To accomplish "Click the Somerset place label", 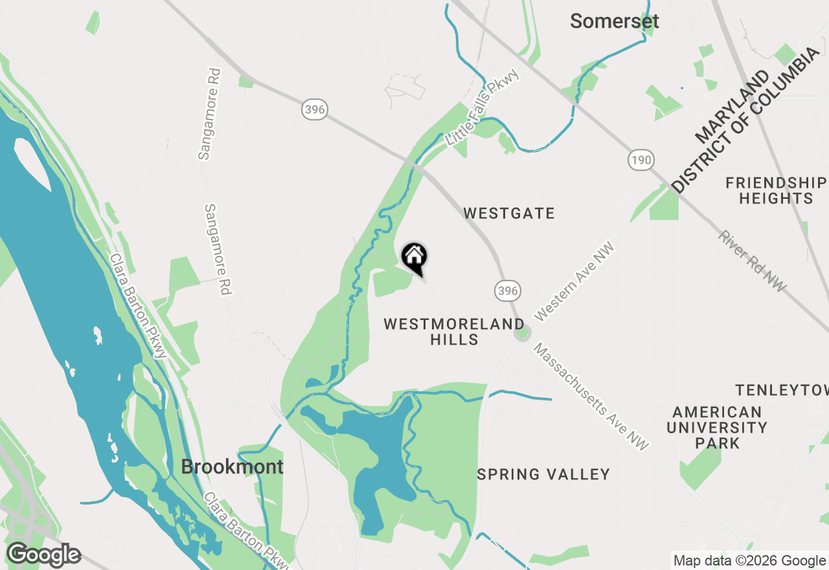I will coord(614,21).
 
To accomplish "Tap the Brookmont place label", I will coord(232,466).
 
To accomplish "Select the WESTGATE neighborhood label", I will coord(509,213).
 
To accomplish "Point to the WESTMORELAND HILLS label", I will coord(454,332).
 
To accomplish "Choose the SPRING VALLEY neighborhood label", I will coord(543,474).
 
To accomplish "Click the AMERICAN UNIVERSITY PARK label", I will coord(717,427).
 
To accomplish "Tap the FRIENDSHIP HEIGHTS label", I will coord(776,190).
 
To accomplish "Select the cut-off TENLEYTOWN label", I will coord(782,390).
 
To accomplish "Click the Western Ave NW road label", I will coord(573,281).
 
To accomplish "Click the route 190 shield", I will coord(641,159).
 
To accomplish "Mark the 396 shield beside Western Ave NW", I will coord(508,291).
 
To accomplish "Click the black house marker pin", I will coord(414,258).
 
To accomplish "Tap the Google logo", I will coord(43,554).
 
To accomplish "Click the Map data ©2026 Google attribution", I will coord(749,561).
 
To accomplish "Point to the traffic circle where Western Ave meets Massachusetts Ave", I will coord(523,334).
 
